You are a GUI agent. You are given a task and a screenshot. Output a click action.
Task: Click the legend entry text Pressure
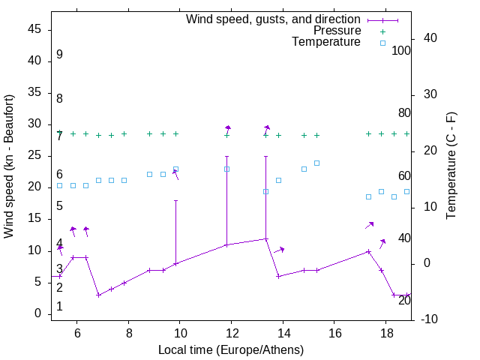pos(337,31)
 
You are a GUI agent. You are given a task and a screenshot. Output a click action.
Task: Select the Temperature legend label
pos(326,42)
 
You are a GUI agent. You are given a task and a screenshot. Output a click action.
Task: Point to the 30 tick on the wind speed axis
pos(34,124)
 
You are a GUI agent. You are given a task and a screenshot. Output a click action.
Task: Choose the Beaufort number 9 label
pos(59,55)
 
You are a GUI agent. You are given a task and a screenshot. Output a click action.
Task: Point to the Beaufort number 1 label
pos(59,307)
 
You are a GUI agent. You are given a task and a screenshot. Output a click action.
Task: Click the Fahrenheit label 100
pos(401,51)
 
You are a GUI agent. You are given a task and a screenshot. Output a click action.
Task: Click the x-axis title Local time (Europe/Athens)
pos(231,349)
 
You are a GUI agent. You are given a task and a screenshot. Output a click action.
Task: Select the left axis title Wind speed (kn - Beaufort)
pos(9,166)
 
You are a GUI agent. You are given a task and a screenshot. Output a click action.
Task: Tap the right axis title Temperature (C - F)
pos(451,166)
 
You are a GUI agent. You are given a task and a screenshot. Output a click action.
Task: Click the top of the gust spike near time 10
pos(175,200)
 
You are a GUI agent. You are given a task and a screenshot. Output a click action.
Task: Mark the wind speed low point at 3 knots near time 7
pos(98,295)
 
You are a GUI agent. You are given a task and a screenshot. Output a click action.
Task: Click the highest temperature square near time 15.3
pos(316,163)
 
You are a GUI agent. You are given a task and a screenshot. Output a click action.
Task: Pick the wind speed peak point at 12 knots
pos(265,239)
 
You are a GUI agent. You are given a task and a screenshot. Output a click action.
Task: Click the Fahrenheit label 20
pos(404,301)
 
